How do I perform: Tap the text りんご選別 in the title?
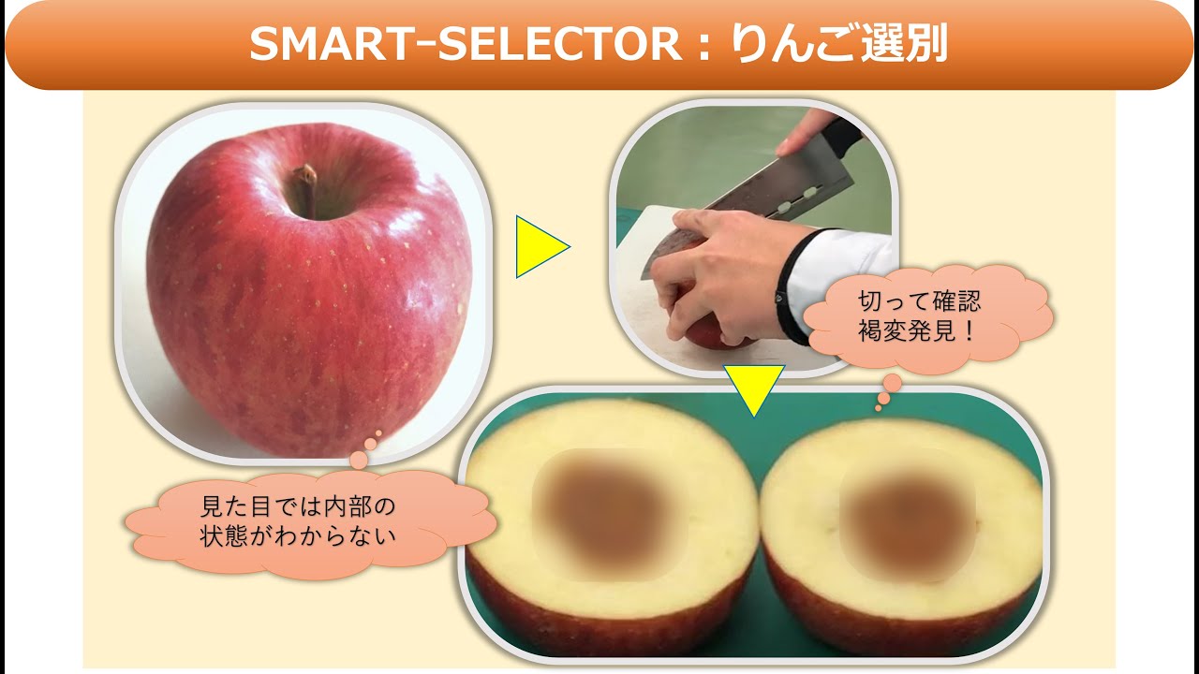tap(833, 45)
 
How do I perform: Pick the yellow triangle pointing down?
tap(753, 388)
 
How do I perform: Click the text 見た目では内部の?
tap(299, 506)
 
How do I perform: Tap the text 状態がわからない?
tap(299, 536)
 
